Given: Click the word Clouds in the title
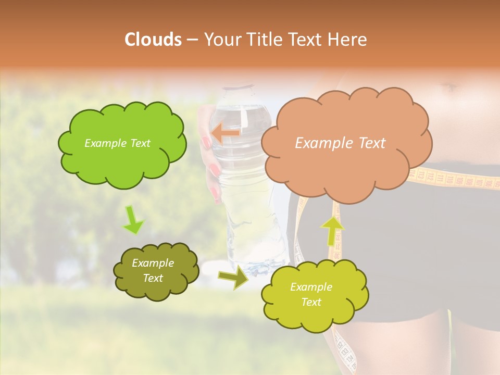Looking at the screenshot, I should tap(153, 40).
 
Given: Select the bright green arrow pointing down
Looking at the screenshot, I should tap(133, 220).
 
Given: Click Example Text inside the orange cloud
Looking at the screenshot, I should tap(340, 143).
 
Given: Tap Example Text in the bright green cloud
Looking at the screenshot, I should tap(117, 143).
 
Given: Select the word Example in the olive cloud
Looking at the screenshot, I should tap(153, 263).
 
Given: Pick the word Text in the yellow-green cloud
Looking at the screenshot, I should tap(311, 302).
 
